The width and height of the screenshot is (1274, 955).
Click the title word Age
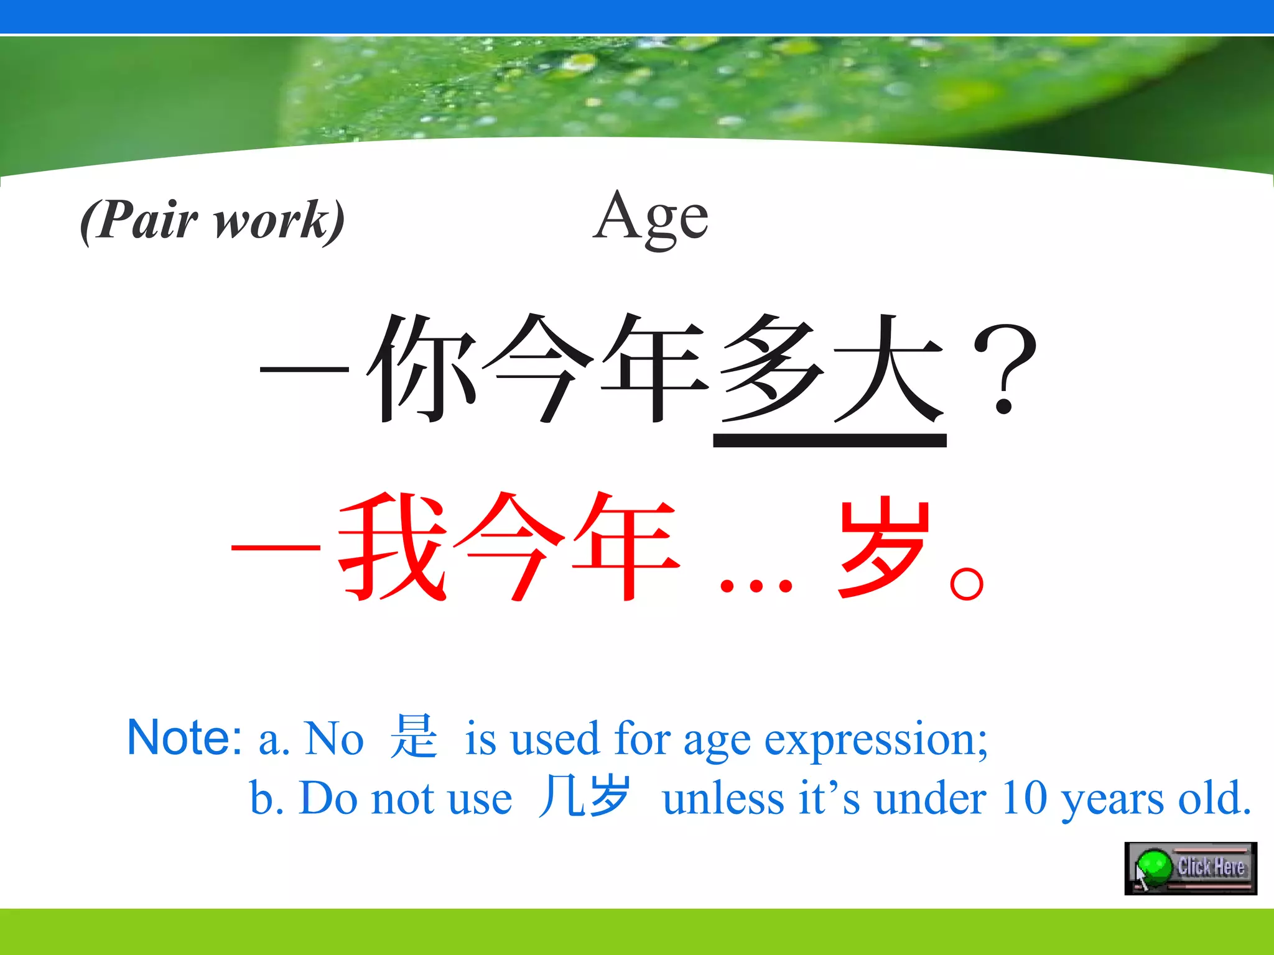click(x=651, y=218)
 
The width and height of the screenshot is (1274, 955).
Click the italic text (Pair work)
click(x=212, y=220)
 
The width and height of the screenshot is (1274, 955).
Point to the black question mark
click(x=1005, y=370)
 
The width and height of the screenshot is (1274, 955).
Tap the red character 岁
click(x=883, y=547)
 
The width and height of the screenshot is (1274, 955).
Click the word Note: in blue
click(x=184, y=738)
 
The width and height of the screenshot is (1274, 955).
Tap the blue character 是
click(x=414, y=737)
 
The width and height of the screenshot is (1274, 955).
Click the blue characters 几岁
click(x=585, y=796)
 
